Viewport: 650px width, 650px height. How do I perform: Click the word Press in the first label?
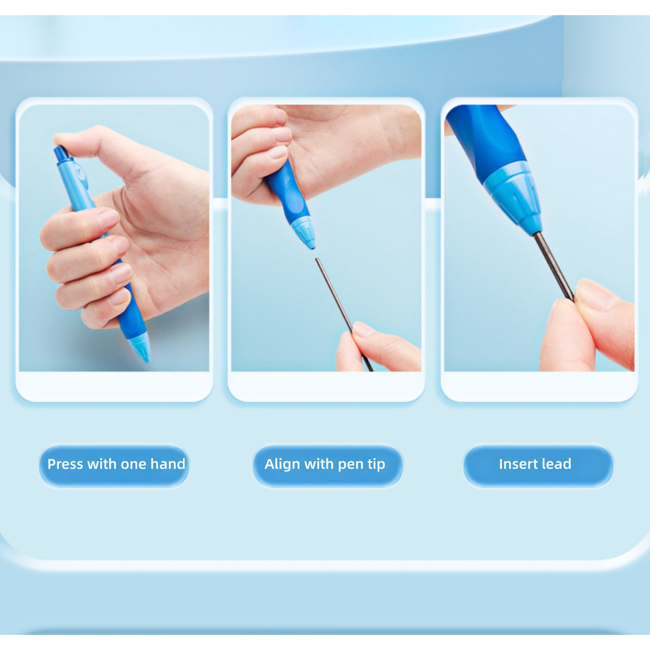click(x=65, y=464)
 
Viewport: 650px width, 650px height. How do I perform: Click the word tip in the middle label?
click(x=376, y=464)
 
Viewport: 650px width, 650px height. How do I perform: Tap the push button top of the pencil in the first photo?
click(x=61, y=154)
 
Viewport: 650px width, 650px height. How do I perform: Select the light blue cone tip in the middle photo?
click(x=303, y=234)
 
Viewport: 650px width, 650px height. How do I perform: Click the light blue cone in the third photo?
click(x=512, y=197)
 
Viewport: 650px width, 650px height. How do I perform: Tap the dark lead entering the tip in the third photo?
click(x=552, y=265)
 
